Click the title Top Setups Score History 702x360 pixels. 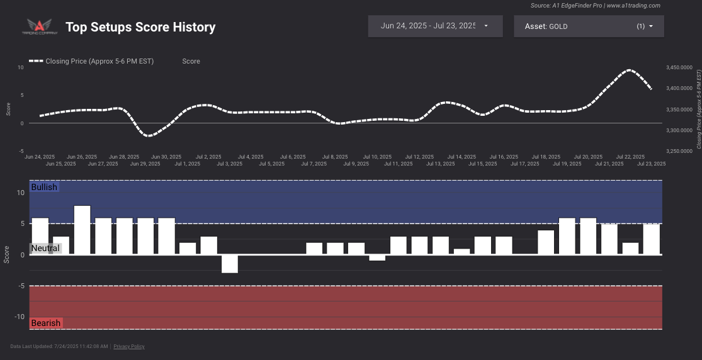pyautogui.click(x=140, y=27)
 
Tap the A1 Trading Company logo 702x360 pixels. pyautogui.click(x=40, y=26)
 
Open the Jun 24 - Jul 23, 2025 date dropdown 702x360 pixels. pyautogui.click(x=434, y=26)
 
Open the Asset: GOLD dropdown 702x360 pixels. pyautogui.click(x=588, y=26)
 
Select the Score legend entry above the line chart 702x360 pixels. pyautogui.click(x=191, y=61)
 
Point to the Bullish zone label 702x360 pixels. pyautogui.click(x=44, y=187)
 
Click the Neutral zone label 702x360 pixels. pyautogui.click(x=45, y=248)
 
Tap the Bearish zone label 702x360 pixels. pyautogui.click(x=46, y=323)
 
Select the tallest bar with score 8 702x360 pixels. pyautogui.click(x=82, y=230)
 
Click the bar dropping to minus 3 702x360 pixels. pyautogui.click(x=230, y=264)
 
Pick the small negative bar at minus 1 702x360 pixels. pyautogui.click(x=377, y=257)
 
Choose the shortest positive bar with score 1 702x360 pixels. pyautogui.click(x=461, y=252)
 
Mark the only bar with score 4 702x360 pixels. pyautogui.click(x=546, y=242)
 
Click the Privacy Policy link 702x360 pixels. pyautogui.click(x=129, y=346)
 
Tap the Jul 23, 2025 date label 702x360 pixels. pyautogui.click(x=651, y=164)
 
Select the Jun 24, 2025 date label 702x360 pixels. pyautogui.click(x=40, y=157)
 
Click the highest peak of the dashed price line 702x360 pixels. pyautogui.click(x=629, y=70)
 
